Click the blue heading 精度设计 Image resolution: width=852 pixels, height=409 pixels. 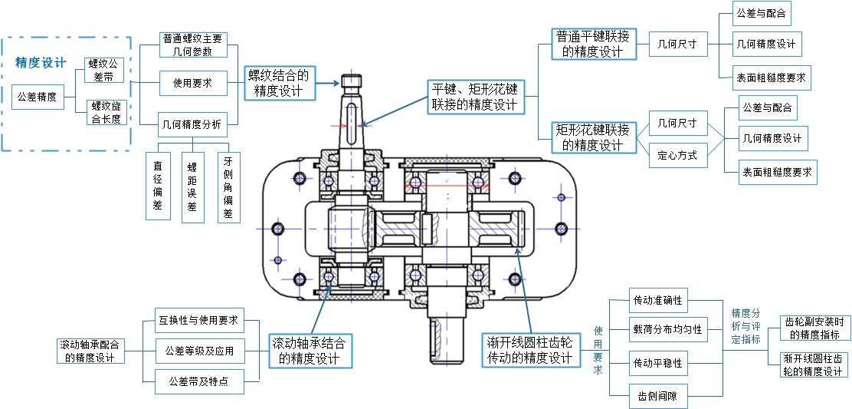click(41, 63)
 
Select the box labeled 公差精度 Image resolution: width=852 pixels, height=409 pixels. click(37, 97)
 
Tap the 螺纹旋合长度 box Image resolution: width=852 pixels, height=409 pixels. click(106, 113)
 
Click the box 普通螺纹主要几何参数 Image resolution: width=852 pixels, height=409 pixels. click(193, 45)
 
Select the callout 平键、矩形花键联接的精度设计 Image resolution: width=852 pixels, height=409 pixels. click(474, 97)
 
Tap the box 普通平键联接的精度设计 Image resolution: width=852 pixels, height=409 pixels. click(592, 45)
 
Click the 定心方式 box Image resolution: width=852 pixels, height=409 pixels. click(677, 155)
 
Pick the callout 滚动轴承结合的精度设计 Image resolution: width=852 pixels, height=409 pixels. click(313, 350)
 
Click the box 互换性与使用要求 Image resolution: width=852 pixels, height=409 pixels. click(198, 320)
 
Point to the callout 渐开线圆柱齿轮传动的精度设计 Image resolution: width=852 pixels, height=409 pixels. click(529, 350)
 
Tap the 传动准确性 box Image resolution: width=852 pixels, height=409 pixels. click(657, 300)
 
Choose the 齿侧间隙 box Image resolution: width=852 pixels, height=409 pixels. click(657, 397)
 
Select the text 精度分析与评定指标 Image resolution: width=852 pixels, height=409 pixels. click(746, 325)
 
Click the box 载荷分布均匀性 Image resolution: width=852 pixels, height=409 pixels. click(666, 330)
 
